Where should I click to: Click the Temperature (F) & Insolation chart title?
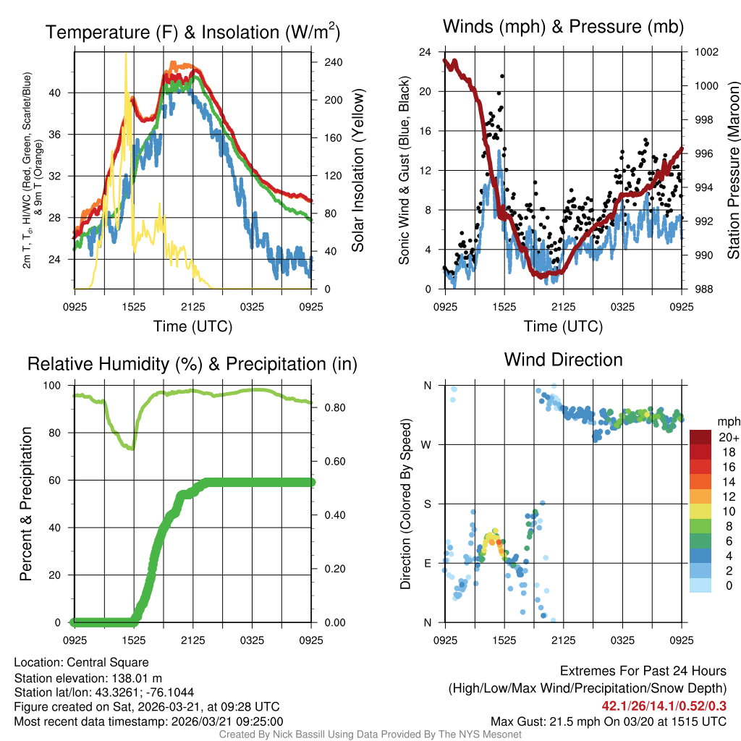click(192, 32)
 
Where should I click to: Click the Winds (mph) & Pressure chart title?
click(563, 27)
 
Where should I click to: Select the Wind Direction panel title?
click(563, 359)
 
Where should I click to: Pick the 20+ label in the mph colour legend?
click(729, 437)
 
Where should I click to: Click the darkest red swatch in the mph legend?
click(701, 437)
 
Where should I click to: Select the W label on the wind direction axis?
click(428, 444)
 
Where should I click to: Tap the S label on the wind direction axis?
click(428, 504)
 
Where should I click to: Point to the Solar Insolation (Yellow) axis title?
click(357, 171)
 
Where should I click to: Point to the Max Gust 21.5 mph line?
click(608, 721)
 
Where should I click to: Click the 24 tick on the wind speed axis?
click(425, 52)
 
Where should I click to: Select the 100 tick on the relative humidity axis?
click(55, 385)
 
